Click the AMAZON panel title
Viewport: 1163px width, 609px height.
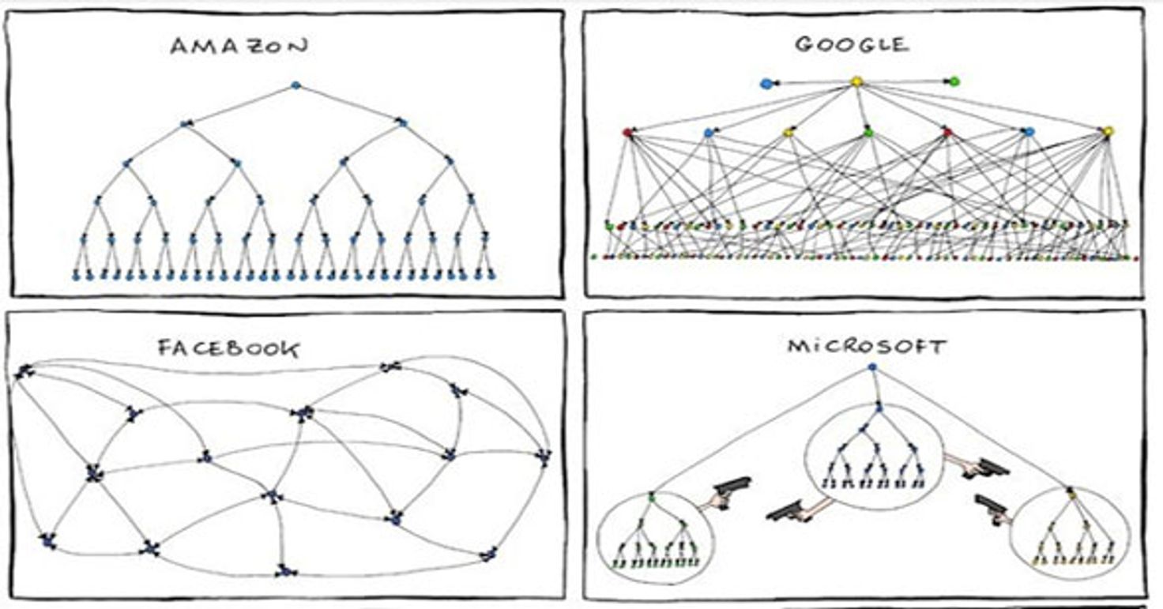click(x=239, y=47)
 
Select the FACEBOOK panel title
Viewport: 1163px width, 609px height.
click(x=229, y=349)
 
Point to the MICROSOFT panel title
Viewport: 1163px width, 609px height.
click(x=867, y=347)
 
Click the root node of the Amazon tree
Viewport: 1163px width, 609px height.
click(x=295, y=85)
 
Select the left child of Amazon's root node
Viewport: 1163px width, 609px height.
click(x=186, y=123)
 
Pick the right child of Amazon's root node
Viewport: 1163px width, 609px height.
click(x=401, y=122)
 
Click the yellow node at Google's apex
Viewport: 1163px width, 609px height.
click(x=856, y=81)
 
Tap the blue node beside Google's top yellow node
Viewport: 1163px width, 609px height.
click(x=765, y=83)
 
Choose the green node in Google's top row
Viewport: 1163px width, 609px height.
click(x=954, y=81)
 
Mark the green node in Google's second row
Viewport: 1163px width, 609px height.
click(x=868, y=132)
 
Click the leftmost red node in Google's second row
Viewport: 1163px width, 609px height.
click(x=628, y=133)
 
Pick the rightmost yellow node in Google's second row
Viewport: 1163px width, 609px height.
click(x=1108, y=131)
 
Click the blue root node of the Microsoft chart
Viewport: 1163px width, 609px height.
click(x=872, y=367)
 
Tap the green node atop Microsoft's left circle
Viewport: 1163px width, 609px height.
click(x=652, y=498)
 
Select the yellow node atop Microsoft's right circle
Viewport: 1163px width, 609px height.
click(x=1071, y=494)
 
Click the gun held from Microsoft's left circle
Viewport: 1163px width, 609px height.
click(x=732, y=486)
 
